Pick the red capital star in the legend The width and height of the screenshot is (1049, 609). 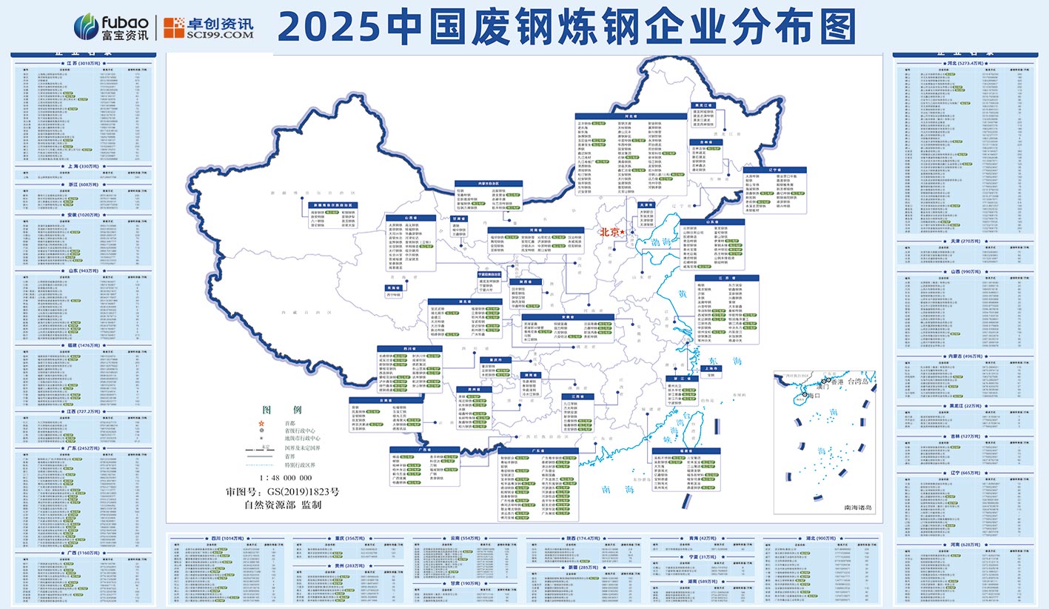[261, 422]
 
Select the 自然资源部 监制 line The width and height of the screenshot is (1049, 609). [282, 505]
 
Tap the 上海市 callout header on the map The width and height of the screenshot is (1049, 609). [709, 367]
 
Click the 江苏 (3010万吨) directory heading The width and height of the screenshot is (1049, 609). [81, 64]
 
